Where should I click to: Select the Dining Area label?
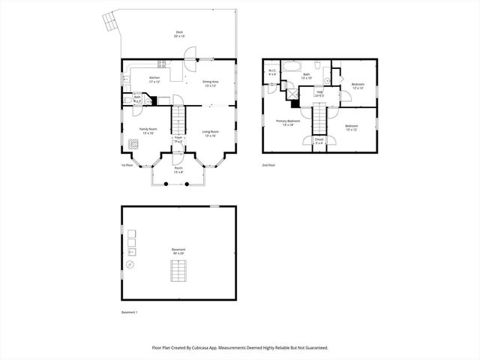(210, 82)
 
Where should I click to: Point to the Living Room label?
(209, 133)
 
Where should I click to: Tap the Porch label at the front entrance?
(178, 169)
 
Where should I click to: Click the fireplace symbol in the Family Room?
(132, 144)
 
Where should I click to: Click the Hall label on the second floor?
(319, 94)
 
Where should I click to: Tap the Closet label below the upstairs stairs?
(319, 140)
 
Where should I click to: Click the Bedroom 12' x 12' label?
(358, 85)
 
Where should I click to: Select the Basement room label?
(178, 251)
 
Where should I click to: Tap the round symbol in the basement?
(130, 265)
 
